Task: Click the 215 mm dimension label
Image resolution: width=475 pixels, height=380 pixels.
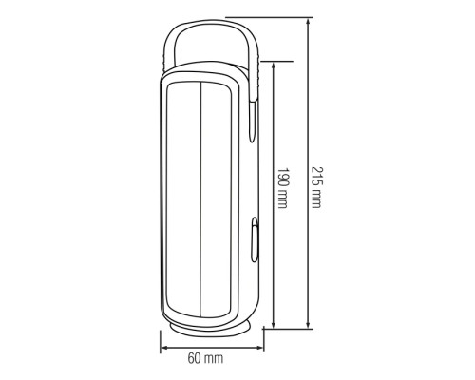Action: tap(316, 187)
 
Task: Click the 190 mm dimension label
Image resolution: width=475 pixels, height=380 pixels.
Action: tap(282, 188)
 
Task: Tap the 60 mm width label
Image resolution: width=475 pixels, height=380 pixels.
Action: tap(205, 358)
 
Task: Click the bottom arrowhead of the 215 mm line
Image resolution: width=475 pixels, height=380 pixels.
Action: tap(308, 324)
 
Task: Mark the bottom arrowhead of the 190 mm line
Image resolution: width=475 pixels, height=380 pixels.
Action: tap(274, 324)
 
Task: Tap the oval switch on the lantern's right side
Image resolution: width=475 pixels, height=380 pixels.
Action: tap(255, 239)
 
